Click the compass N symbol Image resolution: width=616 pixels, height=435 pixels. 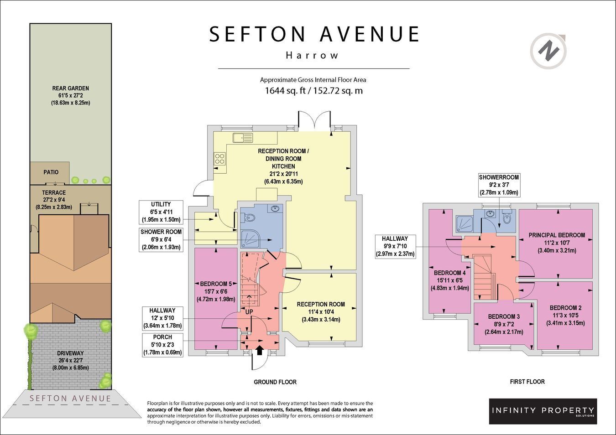coord(548,51)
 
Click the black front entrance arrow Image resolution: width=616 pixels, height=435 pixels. coord(260,350)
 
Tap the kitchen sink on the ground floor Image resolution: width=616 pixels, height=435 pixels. coord(243,138)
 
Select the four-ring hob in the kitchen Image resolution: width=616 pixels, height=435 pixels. coord(220,159)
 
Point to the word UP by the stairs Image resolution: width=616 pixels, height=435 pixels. coord(249,312)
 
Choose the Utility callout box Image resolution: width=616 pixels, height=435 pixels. coord(161,212)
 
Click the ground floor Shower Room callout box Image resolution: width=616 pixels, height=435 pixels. coord(161,240)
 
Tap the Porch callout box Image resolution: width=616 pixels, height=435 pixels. coord(162,345)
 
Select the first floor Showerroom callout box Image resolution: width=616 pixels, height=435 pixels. coord(499,185)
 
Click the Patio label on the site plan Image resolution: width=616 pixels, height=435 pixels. coord(51,172)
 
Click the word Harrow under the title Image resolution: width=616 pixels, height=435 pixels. coord(312,56)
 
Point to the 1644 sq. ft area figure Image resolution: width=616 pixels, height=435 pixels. coord(285,90)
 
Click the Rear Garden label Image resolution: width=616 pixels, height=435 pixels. coord(70,88)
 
